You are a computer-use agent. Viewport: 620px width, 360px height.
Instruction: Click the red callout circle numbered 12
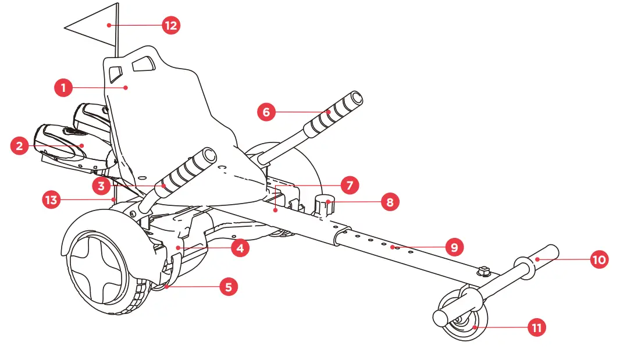171,26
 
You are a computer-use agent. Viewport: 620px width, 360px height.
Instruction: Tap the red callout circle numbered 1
63,88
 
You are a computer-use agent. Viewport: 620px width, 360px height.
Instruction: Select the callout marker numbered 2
20,145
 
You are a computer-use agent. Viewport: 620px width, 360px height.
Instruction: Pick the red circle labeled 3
101,186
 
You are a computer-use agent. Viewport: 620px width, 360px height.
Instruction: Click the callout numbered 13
52,200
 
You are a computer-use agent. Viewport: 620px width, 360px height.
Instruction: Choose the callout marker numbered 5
229,286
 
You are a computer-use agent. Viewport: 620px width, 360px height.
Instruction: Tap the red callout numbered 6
266,112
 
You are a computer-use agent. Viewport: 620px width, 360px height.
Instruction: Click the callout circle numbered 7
350,186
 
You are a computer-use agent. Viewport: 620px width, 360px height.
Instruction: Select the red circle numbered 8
390,202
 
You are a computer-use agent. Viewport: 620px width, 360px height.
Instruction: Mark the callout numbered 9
455,247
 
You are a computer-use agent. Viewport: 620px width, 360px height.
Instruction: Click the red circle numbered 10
599,259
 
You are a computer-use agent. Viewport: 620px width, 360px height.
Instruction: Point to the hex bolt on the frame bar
483,271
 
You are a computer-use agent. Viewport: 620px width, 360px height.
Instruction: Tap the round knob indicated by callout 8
324,205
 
